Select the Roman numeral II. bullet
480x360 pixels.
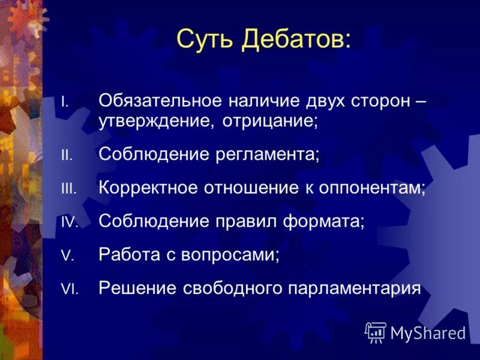click(x=66, y=155)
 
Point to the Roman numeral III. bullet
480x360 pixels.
click(x=68, y=189)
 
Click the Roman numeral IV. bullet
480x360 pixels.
click(x=69, y=222)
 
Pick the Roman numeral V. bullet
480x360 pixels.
click(x=67, y=256)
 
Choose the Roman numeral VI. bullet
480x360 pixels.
click(x=69, y=289)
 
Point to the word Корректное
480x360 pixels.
click(x=149, y=188)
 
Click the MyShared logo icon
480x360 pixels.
click(x=376, y=332)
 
